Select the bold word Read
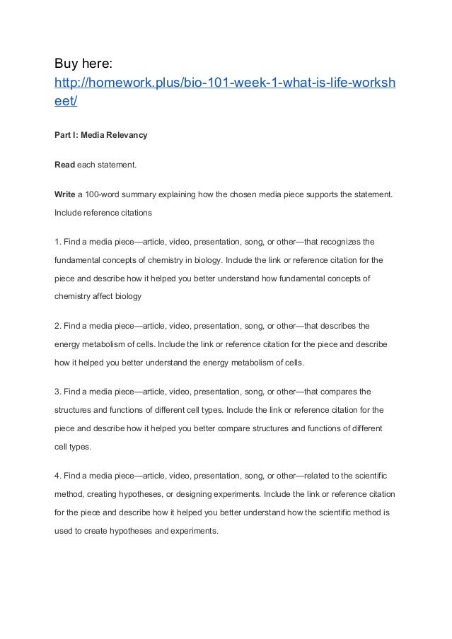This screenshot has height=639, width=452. (x=64, y=165)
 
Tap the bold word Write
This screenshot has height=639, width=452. (x=65, y=194)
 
